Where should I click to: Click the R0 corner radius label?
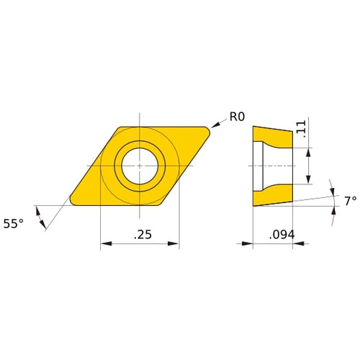[x=238, y=117]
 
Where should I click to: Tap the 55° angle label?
[x=14, y=224]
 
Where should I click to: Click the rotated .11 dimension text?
[x=300, y=130]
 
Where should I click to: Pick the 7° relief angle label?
[x=350, y=202]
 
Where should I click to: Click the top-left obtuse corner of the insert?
[x=118, y=127]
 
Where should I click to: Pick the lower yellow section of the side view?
[x=274, y=195]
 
